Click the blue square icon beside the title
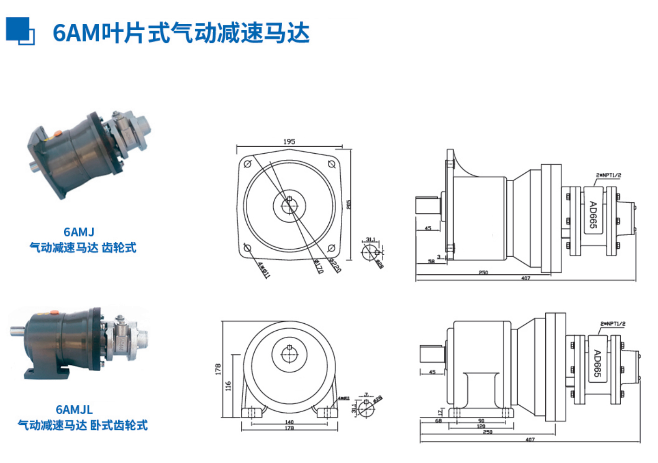(20, 31)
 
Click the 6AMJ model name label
(79, 231)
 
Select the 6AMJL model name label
(74, 409)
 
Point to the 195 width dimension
(289, 141)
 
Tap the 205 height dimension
(348, 204)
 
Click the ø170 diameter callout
(318, 267)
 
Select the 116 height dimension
(228, 386)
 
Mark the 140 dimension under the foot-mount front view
(289, 422)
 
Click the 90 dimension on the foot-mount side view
(481, 421)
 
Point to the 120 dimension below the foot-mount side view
(481, 426)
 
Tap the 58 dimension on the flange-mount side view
(431, 261)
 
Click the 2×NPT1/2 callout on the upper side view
(608, 175)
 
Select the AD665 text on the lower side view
(597, 363)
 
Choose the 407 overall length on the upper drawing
(525, 278)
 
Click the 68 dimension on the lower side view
(438, 421)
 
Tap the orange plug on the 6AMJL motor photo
(54, 313)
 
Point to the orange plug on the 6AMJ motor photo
(57, 134)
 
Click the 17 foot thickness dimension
(440, 412)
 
